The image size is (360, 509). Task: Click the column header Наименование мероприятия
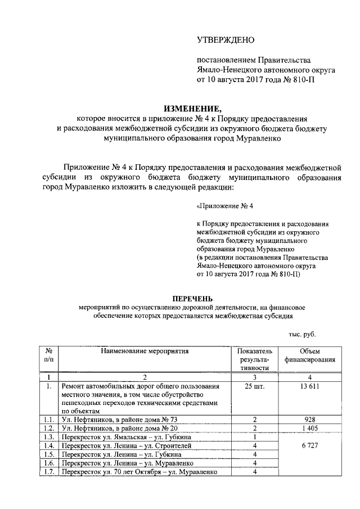point(145,351)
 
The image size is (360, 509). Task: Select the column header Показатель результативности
point(255,359)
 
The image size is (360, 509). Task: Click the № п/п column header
point(49,355)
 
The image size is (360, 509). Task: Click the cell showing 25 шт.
point(255,387)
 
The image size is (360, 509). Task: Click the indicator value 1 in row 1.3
point(255,437)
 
